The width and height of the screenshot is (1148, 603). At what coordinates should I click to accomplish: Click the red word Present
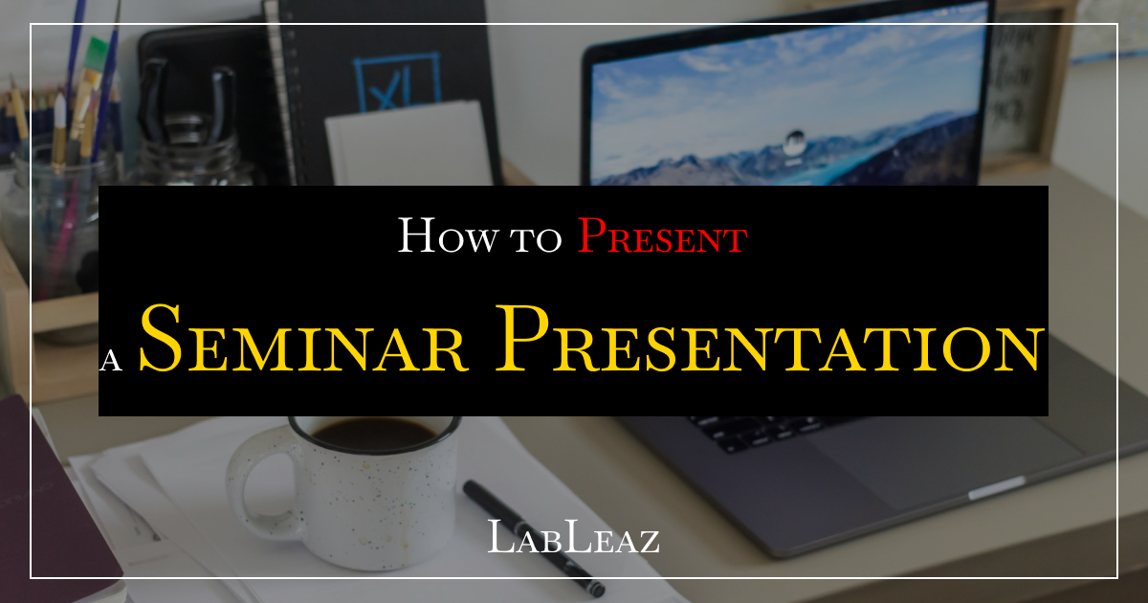661,235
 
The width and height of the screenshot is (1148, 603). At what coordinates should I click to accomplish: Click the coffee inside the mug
374,434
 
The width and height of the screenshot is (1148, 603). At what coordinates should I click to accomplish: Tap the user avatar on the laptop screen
793,141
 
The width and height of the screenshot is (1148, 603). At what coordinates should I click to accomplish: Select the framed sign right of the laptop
1019,86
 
